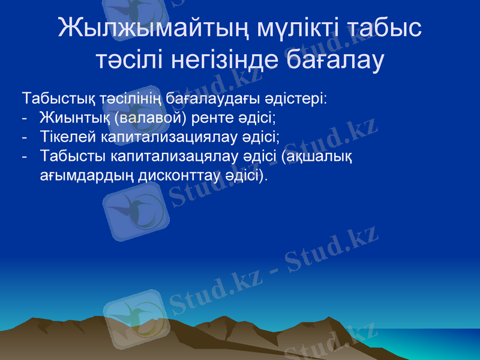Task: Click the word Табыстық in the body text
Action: click(51, 97)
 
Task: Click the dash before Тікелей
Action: click(24, 137)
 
